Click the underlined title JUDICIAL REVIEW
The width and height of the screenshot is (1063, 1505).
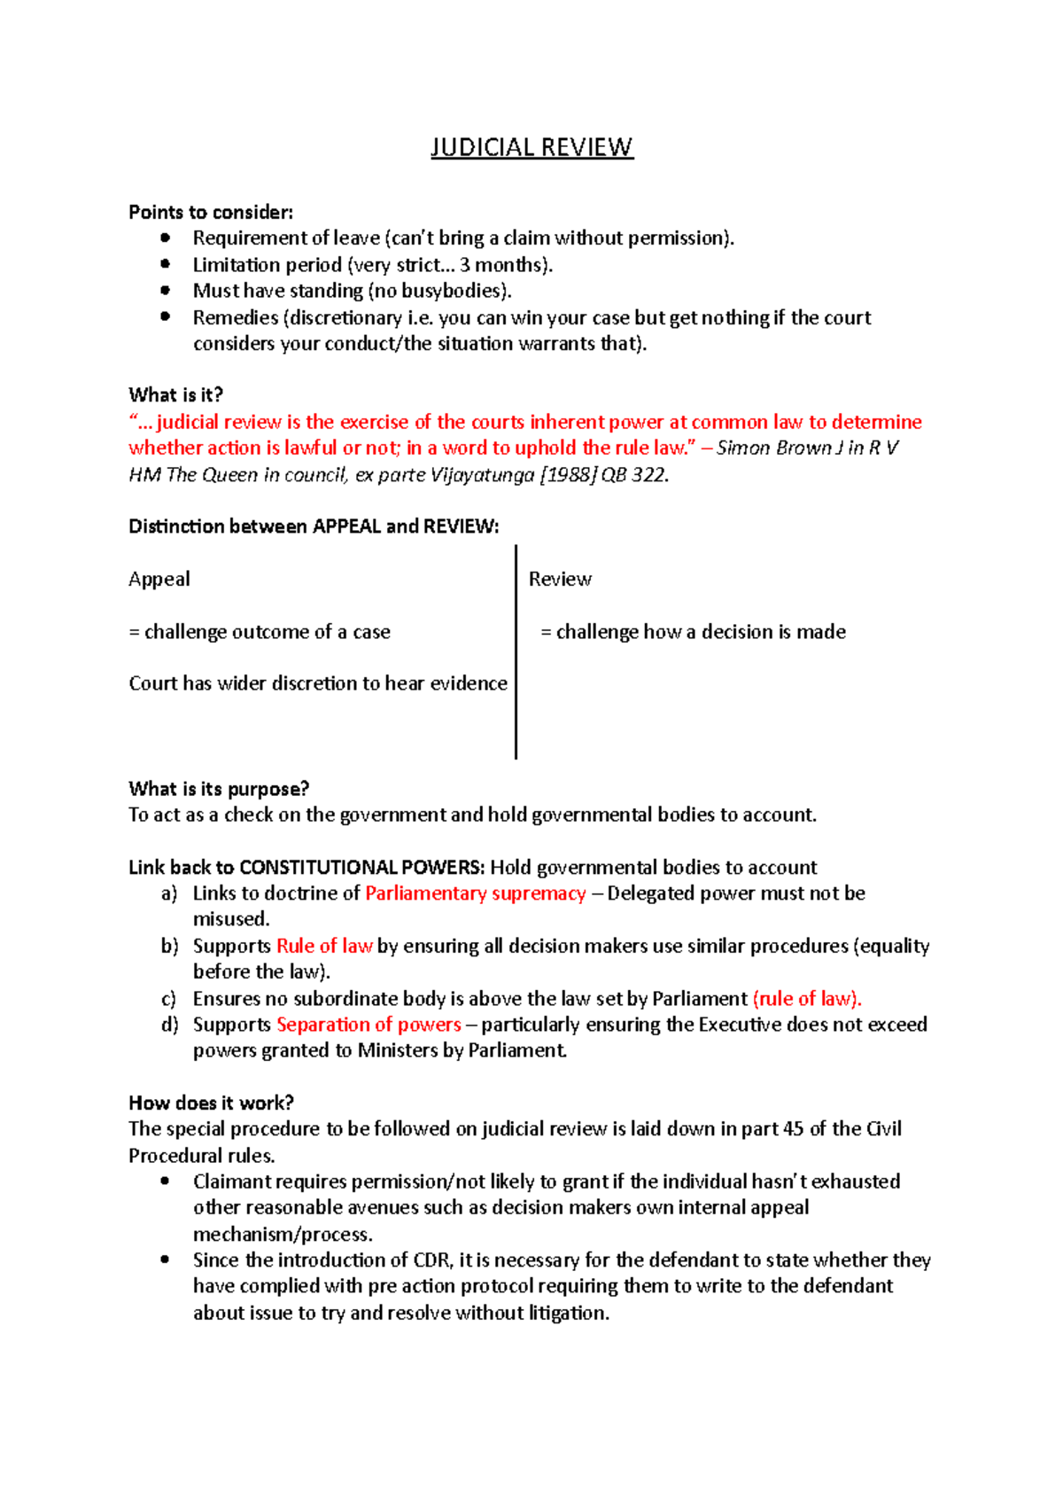[x=531, y=146]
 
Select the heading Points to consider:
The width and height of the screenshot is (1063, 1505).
[x=211, y=212]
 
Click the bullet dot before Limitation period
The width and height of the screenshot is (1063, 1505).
[x=165, y=264]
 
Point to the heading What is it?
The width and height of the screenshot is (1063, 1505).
[x=175, y=394]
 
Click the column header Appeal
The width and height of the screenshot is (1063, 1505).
[x=159, y=579]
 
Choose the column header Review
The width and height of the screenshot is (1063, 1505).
[x=560, y=579]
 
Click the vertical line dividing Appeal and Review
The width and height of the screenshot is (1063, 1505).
[x=516, y=651]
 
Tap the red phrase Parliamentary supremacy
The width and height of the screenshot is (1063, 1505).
[x=476, y=893]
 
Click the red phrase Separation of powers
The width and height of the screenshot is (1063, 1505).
[x=369, y=1025]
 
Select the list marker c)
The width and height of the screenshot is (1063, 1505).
[x=168, y=999]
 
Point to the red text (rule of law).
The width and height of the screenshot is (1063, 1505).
[x=806, y=999]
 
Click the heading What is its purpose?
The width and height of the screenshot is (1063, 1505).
[x=219, y=789]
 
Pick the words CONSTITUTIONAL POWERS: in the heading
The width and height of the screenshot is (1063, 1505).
[x=361, y=867]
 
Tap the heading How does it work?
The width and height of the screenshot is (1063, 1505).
[x=211, y=1103]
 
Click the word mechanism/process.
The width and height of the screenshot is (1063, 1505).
[x=283, y=1234]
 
